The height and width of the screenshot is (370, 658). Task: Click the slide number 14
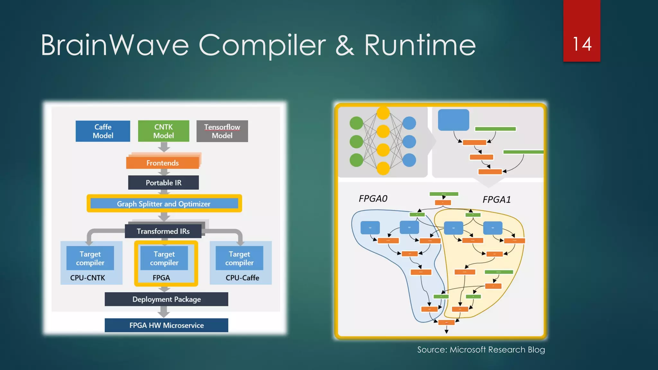click(x=582, y=44)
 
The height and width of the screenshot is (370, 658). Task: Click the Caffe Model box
click(x=103, y=131)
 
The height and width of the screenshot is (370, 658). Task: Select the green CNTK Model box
click(x=164, y=131)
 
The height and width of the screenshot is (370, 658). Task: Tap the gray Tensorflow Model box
click(x=222, y=131)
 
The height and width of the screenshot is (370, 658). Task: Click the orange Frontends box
click(x=163, y=163)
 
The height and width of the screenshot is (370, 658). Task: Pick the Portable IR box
click(x=163, y=182)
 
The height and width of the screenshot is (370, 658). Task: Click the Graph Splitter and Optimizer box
click(x=164, y=204)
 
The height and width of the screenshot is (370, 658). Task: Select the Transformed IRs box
click(x=163, y=231)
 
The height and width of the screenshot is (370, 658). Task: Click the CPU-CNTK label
click(x=87, y=277)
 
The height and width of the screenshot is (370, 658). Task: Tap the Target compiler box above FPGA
click(x=164, y=258)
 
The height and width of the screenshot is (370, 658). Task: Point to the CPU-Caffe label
click(x=242, y=277)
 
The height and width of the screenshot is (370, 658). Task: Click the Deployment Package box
click(x=166, y=299)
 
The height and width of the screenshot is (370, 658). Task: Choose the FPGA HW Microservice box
click(x=166, y=325)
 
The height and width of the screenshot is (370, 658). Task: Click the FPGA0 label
click(x=373, y=198)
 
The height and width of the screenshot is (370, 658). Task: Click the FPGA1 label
click(x=496, y=199)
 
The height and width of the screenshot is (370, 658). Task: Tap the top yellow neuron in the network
click(x=383, y=113)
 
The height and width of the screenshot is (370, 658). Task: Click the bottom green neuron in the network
click(x=356, y=160)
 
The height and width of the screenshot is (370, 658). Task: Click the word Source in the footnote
click(x=432, y=349)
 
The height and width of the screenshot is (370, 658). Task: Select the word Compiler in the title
click(x=262, y=45)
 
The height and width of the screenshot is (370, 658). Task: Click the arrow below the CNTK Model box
click(x=164, y=147)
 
